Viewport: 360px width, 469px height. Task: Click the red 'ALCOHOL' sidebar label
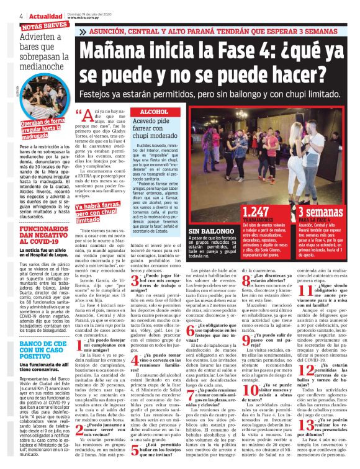[155, 111]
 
